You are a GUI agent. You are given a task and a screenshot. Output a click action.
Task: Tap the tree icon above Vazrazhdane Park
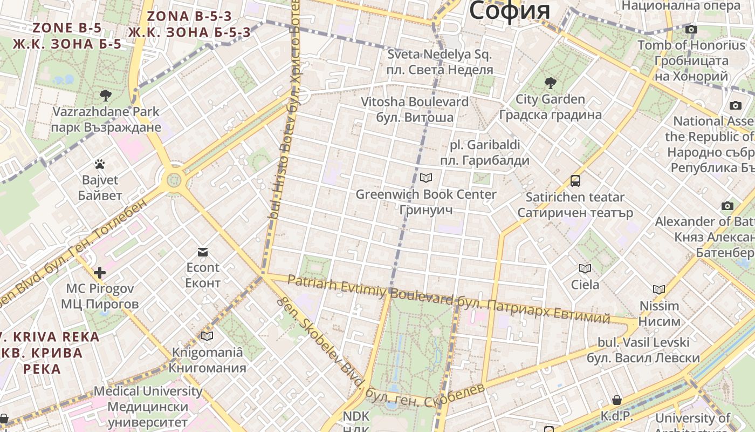pos(106,96)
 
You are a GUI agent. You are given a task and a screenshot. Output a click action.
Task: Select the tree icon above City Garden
pos(550,83)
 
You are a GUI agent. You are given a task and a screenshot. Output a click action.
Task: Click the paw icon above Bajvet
pos(100,164)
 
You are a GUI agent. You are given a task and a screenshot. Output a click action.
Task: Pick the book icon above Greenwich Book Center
pos(426,178)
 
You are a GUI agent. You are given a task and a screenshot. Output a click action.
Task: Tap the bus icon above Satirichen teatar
pos(575,181)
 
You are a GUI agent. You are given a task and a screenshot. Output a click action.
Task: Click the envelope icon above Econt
pos(203,252)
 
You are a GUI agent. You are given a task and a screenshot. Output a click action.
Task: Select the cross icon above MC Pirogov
pos(100,273)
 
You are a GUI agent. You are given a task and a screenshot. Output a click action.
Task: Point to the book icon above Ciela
pos(585,268)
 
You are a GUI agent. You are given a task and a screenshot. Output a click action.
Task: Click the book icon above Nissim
pos(659,290)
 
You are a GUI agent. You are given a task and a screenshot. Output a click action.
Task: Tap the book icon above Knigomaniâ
pos(207,336)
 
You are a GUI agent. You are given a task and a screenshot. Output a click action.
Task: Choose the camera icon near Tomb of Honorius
pos(691,29)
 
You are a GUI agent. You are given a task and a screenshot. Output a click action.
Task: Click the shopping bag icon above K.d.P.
pos(617,400)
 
